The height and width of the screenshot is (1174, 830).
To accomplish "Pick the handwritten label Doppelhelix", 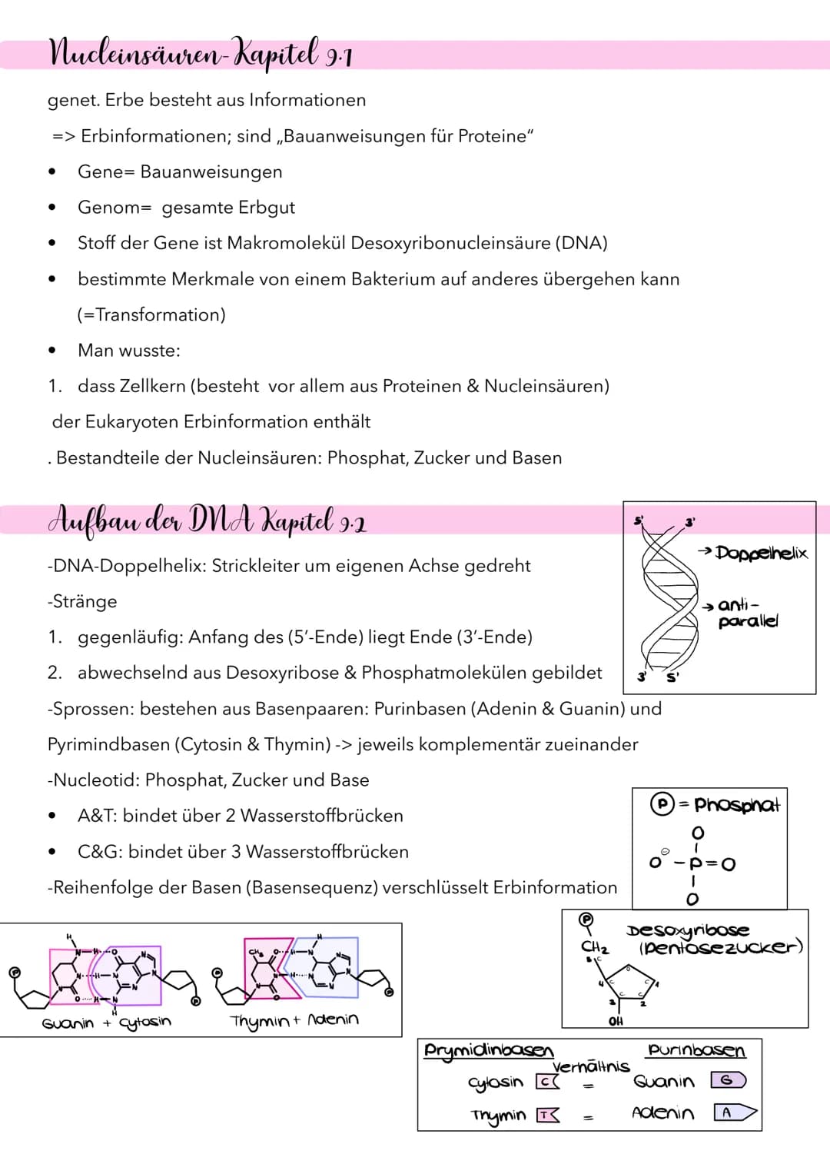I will pos(761,553).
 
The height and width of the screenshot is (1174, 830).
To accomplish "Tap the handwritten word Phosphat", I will pos(736,805).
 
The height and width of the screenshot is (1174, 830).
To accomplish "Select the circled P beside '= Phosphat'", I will pos(661,804).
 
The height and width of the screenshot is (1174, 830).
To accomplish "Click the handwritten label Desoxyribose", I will pos(688,930).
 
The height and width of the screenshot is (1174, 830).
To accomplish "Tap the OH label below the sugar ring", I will pos(616,1021).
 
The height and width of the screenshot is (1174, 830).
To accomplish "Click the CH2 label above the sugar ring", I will pos(595,946).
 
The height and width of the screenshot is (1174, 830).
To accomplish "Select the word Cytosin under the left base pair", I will pos(145,1022).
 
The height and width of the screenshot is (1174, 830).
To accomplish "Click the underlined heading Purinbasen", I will pos(696,1050).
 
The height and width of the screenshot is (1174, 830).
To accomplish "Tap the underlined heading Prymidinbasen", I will pos(489,1050).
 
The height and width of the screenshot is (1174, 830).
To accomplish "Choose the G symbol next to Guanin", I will pos(728,1080).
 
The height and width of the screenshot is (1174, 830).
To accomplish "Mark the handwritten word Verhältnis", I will pos(591,1066).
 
